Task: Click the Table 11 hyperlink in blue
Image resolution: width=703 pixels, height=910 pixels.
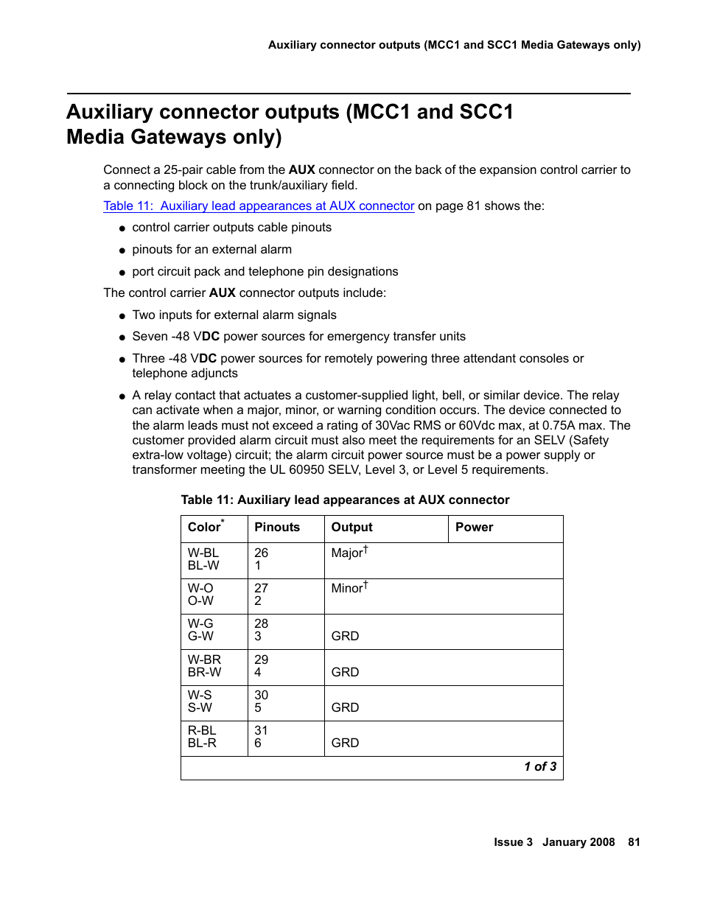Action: tap(259, 206)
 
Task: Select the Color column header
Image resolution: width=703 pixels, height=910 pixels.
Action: tap(205, 527)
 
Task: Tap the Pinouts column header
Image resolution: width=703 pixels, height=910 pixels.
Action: tap(277, 527)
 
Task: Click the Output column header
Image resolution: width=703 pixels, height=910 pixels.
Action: tap(351, 527)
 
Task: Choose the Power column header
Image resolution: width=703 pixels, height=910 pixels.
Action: tap(474, 527)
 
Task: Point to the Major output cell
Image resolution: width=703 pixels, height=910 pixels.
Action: tap(348, 553)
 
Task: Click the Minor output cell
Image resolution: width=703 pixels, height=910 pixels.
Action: tap(348, 588)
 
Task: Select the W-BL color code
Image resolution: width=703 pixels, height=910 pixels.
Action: tap(203, 553)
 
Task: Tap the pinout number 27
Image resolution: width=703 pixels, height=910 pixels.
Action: tap(261, 588)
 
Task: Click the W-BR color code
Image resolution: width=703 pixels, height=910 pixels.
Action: tap(204, 659)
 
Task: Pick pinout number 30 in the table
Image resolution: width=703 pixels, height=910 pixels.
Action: tap(261, 695)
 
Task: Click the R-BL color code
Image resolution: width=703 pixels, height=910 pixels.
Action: tap(202, 730)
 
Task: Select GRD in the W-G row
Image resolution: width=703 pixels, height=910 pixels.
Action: tap(345, 636)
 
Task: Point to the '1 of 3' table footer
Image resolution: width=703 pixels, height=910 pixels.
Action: tap(540, 767)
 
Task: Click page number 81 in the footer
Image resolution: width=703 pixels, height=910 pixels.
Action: tap(634, 842)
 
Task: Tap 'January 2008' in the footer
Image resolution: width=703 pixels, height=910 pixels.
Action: tap(578, 842)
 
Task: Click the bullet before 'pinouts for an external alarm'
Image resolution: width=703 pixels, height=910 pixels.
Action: tap(122, 251)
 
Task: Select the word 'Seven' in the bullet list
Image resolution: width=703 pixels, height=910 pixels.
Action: tap(150, 337)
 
